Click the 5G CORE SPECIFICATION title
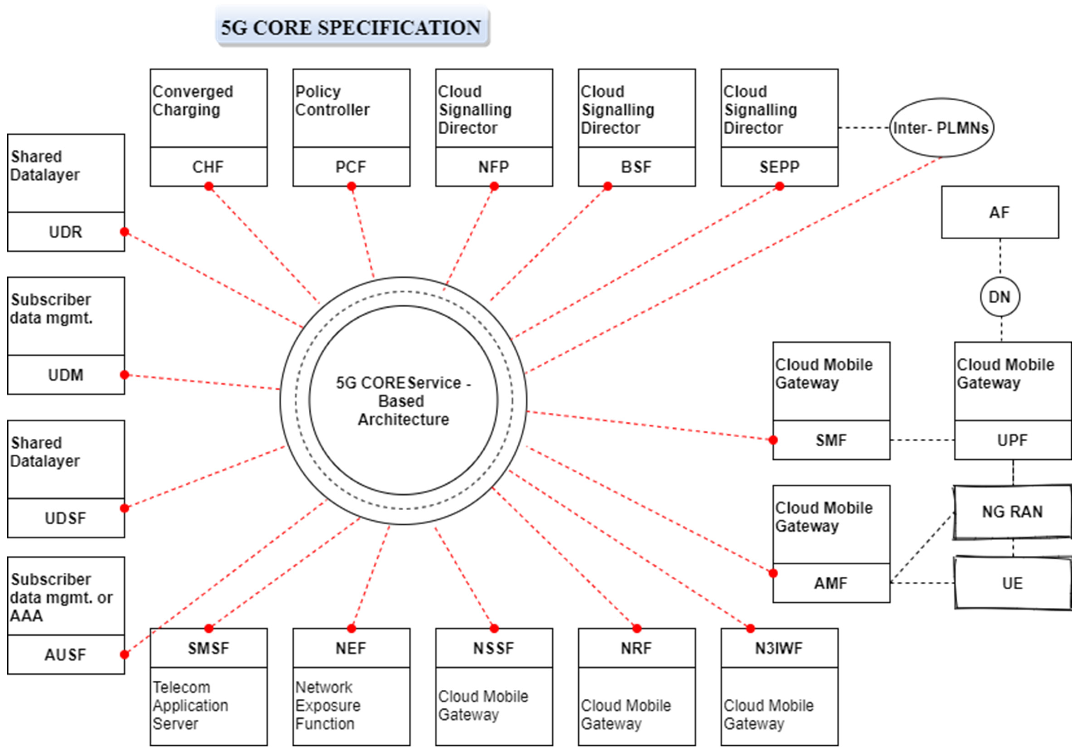352,27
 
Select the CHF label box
208,167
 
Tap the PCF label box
351,167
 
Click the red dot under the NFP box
494,187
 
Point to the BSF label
636,167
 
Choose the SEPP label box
779,167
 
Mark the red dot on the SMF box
773,440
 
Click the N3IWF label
779,648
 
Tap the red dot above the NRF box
637,629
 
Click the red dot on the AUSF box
125,654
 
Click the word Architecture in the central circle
403,419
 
